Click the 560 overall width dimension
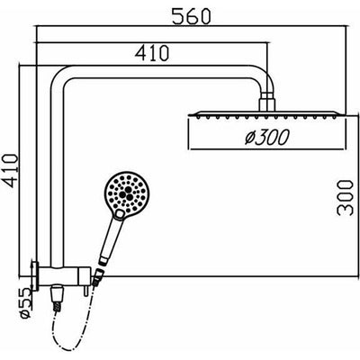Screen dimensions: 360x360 (x=192, y=17)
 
